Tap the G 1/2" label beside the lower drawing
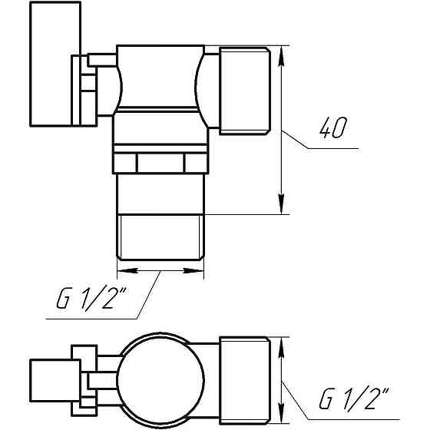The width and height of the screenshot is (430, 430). pyautogui.click(x=352, y=399)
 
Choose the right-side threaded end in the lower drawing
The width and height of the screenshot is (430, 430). pyautogui.click(x=243, y=379)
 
